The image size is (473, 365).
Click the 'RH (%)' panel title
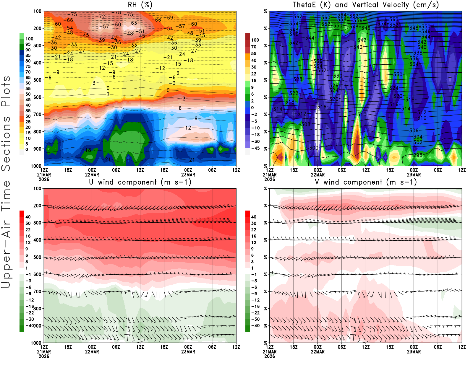pos(140,5)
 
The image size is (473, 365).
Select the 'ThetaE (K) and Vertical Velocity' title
pos(366,5)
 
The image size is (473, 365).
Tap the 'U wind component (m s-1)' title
pos(140,182)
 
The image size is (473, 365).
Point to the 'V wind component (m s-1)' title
pos(366,182)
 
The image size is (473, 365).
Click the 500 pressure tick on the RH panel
pos(37,80)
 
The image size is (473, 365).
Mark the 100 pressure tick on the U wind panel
pos(37,188)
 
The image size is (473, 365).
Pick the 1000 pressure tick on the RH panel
pos(36,166)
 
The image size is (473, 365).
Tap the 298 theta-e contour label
pos(418,155)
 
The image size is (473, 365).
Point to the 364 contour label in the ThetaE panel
pos(342,15)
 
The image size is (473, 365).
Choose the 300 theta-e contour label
pos(314,148)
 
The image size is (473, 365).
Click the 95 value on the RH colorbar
pos(28,44)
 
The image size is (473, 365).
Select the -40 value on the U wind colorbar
pos(29,325)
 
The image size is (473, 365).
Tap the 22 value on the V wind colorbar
pos(254,230)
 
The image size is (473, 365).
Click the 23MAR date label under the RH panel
pos(188,175)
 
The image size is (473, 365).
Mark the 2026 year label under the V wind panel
pos(270,356)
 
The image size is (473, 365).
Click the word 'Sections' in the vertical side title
pos(6,143)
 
